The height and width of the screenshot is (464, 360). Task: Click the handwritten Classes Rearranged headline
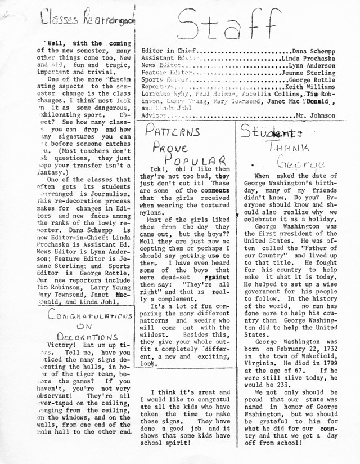[87, 20]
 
